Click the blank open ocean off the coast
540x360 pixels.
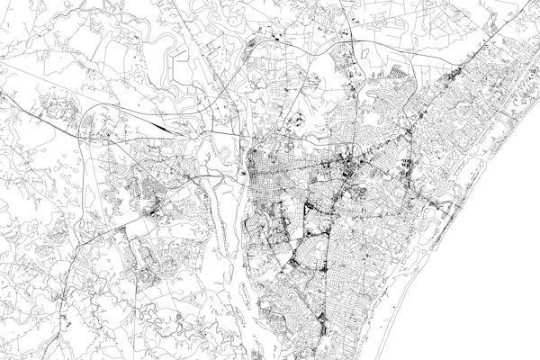[x=486, y=270]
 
